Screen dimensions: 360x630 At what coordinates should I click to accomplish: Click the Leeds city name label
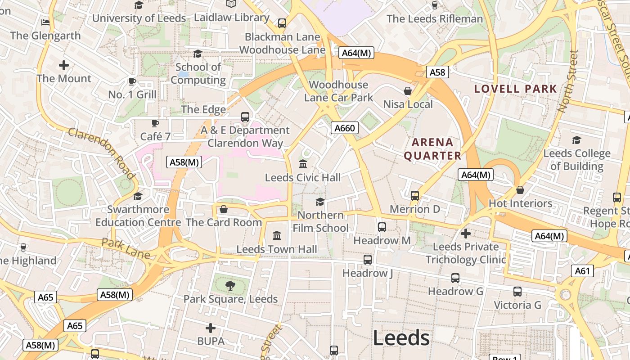(x=401, y=338)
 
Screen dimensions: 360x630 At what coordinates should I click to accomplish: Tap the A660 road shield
(x=345, y=128)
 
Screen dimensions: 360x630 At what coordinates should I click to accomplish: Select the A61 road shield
(x=582, y=271)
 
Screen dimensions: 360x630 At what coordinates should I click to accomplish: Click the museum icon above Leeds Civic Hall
(x=303, y=164)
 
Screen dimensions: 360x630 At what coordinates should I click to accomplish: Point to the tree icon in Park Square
(x=230, y=285)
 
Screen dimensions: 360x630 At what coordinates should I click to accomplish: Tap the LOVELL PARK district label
(x=516, y=89)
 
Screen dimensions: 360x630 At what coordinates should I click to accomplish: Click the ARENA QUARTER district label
(x=432, y=149)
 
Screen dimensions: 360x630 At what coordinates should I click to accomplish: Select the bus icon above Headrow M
(x=382, y=227)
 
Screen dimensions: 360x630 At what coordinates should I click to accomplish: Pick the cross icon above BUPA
(x=211, y=328)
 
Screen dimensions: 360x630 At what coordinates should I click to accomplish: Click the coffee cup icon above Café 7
(x=155, y=123)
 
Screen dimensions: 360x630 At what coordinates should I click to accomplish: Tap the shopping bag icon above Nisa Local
(x=408, y=91)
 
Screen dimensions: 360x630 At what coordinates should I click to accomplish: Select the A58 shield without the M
(x=437, y=72)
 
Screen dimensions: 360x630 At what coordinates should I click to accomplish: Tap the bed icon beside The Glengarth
(x=45, y=22)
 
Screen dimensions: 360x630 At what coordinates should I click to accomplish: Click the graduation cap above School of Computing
(x=198, y=54)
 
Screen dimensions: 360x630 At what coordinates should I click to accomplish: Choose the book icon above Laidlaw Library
(x=231, y=4)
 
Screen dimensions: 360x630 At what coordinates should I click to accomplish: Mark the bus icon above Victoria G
(x=517, y=292)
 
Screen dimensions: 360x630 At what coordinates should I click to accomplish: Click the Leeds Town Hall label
(x=277, y=249)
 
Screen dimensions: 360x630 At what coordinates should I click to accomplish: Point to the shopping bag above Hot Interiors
(x=520, y=190)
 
